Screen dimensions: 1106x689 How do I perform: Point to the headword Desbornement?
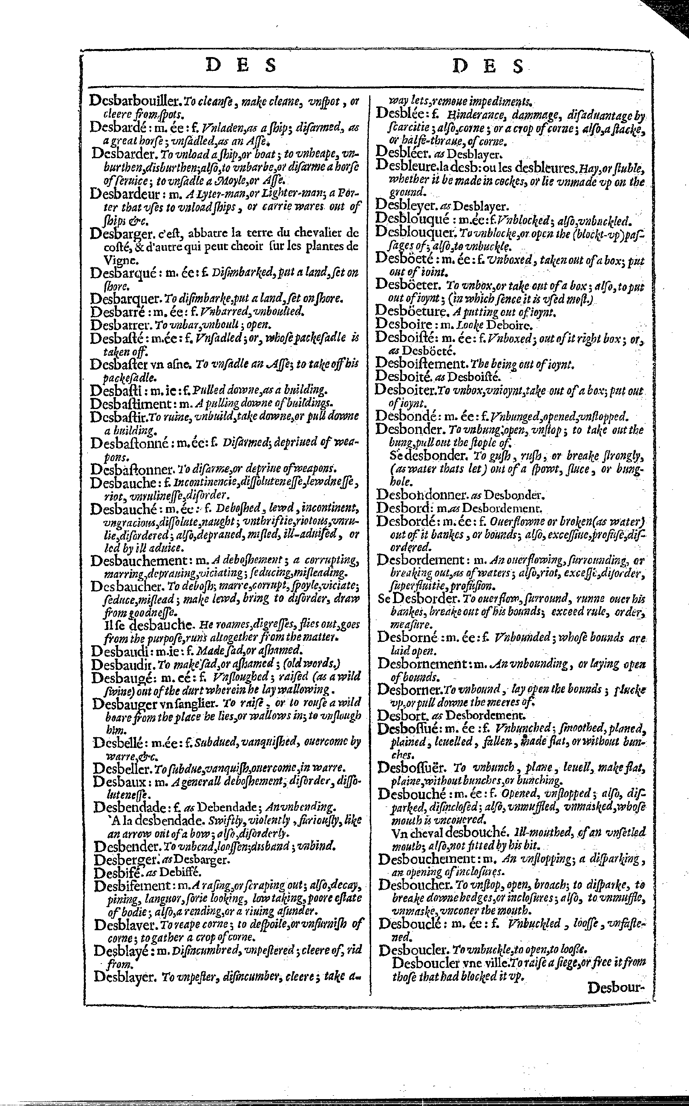(x=422, y=664)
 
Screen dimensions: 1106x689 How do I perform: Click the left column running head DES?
(x=242, y=67)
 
